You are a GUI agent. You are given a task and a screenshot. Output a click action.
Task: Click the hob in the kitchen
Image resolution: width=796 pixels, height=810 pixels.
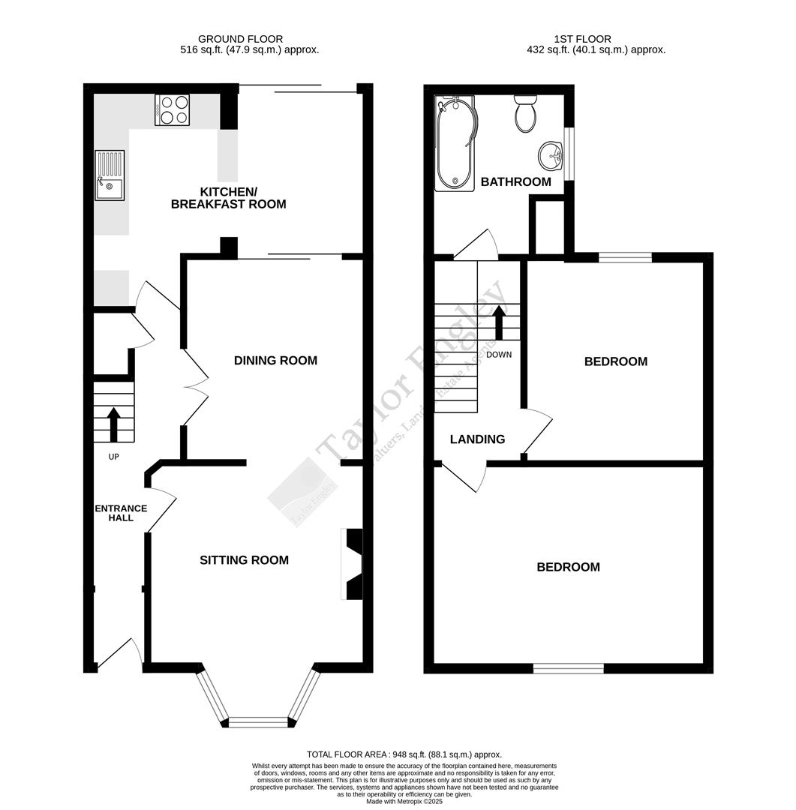[172, 109]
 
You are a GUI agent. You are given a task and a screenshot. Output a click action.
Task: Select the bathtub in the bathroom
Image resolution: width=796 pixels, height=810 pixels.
[455, 143]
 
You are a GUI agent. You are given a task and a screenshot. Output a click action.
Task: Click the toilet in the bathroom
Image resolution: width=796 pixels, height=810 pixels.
[525, 115]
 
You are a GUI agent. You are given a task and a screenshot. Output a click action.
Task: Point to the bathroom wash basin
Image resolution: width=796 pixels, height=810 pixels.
[551, 157]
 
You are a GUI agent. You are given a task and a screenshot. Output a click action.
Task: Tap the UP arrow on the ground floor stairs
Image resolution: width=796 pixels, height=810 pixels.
[113, 424]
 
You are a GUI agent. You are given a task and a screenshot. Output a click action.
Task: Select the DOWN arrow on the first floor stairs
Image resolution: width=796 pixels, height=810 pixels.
[499, 323]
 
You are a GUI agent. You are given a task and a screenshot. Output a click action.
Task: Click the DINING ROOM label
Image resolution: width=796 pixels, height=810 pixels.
[275, 361]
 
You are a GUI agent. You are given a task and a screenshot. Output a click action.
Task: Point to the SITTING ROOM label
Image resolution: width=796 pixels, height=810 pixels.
[244, 560]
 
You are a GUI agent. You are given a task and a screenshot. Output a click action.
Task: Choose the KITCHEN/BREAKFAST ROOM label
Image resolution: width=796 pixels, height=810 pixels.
[229, 197]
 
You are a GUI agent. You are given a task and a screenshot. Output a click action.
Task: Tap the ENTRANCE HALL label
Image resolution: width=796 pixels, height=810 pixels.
[120, 513]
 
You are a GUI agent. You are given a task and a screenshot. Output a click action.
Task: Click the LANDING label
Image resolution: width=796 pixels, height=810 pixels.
[477, 439]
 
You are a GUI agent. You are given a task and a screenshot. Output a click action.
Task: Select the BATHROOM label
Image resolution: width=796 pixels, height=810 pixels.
[515, 182]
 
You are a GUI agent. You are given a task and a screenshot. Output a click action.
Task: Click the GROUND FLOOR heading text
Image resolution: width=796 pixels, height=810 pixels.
[240, 39]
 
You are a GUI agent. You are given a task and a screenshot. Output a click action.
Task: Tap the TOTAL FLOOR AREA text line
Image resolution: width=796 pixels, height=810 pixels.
[404, 754]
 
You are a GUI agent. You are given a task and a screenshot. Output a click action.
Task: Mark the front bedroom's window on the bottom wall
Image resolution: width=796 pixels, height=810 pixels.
[568, 668]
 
